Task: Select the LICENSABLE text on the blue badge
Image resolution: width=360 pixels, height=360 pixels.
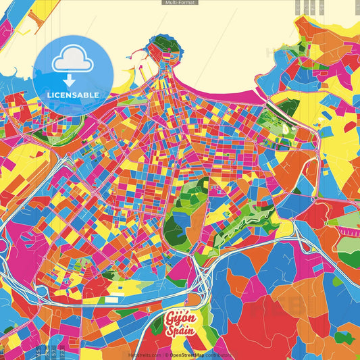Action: pos(73,94)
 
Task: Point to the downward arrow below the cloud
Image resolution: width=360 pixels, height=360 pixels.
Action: pos(72,78)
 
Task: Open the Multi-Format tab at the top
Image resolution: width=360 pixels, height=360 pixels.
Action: pos(180,3)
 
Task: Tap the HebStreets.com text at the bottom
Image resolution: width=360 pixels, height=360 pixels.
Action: pos(145,355)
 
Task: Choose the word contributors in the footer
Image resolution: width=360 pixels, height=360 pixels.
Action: pos(217,355)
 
